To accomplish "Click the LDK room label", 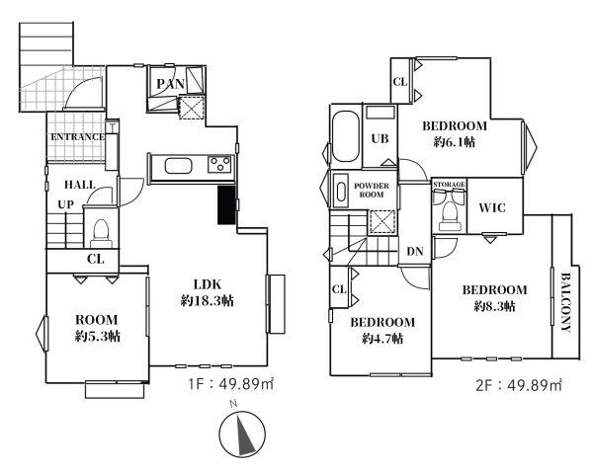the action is (x=208, y=284).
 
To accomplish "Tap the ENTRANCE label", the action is (x=77, y=137).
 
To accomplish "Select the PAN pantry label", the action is (x=170, y=84).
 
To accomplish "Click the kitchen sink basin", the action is (x=178, y=166).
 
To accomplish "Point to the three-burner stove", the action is (x=219, y=165).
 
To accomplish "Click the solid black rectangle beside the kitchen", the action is (x=226, y=205).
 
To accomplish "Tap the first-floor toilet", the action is (x=101, y=233).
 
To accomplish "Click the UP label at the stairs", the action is (x=65, y=204).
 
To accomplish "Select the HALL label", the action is (x=80, y=185).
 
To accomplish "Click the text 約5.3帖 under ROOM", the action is (x=98, y=336).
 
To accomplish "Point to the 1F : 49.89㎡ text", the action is (x=230, y=384).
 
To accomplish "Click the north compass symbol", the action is (x=242, y=433).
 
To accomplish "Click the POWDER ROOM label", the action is (x=372, y=191).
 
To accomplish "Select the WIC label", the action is (x=492, y=207).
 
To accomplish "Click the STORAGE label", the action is (x=449, y=184).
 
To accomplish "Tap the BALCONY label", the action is (x=565, y=302).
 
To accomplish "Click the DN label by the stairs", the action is (x=415, y=252).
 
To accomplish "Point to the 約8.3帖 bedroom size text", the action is (x=494, y=306).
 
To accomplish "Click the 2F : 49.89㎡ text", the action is (x=519, y=385).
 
